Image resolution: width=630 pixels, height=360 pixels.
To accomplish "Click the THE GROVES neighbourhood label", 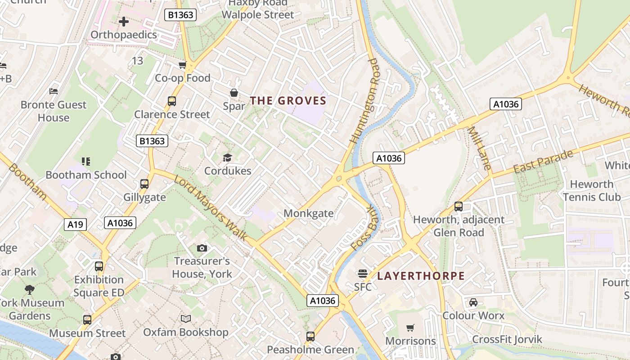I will [x=288, y=100].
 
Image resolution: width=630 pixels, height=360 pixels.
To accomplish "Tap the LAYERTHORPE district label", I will [x=421, y=276].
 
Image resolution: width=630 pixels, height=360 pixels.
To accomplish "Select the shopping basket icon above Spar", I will [x=234, y=93].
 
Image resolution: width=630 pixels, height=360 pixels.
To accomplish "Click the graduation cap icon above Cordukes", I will [x=227, y=157].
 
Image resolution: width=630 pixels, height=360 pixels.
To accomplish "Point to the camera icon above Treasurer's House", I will [x=202, y=248].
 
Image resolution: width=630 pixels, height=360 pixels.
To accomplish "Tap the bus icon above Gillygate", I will [x=144, y=184].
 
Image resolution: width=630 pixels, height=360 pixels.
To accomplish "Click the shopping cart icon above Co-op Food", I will [x=182, y=65].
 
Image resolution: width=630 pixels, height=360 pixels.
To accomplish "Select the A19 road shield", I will [x=75, y=224].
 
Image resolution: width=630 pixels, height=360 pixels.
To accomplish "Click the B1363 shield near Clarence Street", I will [x=152, y=141].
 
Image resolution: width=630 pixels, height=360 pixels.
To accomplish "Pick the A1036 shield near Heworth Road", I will [x=506, y=104].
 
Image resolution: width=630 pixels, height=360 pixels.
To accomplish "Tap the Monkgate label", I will [x=309, y=213].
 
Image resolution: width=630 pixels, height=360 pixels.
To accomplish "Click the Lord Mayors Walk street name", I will [x=211, y=207].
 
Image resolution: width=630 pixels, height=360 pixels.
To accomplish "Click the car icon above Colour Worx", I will [x=473, y=302].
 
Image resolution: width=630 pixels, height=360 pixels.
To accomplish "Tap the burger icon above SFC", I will [x=362, y=273].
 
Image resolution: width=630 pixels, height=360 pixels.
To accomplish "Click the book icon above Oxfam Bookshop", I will [x=186, y=319].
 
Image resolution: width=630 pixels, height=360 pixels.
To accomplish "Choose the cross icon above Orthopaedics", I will [x=124, y=21].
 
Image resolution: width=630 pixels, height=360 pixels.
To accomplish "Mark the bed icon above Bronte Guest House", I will [x=54, y=91].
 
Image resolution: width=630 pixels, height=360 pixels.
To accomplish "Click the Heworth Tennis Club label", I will [x=591, y=190].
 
